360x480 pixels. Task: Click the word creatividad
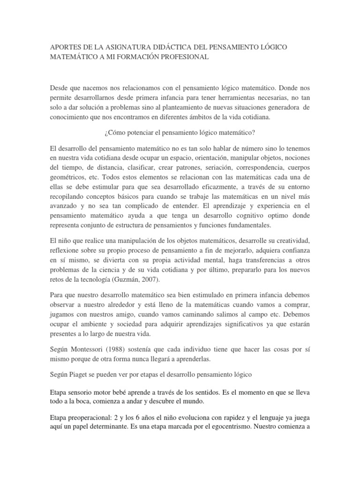289,240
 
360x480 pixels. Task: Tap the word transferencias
251,261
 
